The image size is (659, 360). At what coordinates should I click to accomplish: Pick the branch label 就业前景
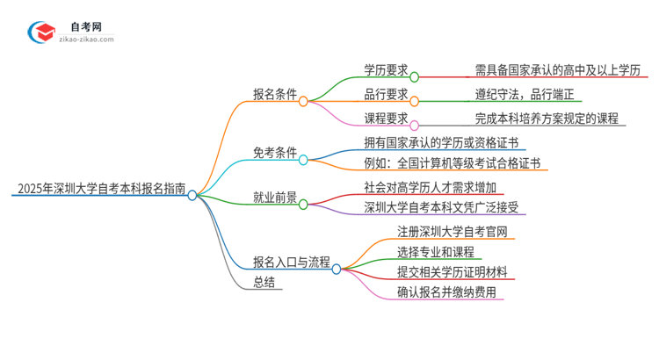(x=274, y=196)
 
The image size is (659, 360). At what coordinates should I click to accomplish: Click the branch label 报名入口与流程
(x=291, y=261)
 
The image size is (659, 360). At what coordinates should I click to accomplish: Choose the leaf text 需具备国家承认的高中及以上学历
(x=558, y=69)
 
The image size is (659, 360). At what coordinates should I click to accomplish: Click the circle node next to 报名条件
(x=303, y=102)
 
